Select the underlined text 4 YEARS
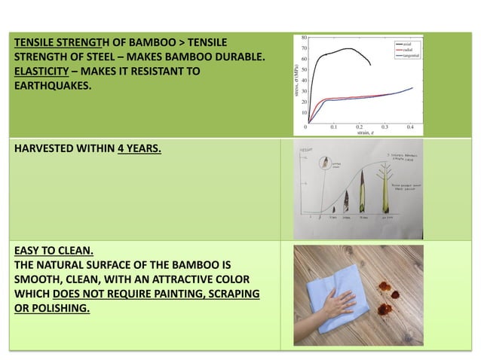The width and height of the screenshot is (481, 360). pyautogui.click(x=139, y=148)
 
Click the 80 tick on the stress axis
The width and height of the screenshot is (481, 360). pyautogui.click(x=303, y=37)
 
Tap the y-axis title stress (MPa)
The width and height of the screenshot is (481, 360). pyautogui.click(x=297, y=79)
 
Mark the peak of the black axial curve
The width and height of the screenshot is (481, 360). pyautogui.click(x=348, y=49)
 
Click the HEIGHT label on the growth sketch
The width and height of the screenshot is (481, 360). pyautogui.click(x=305, y=151)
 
